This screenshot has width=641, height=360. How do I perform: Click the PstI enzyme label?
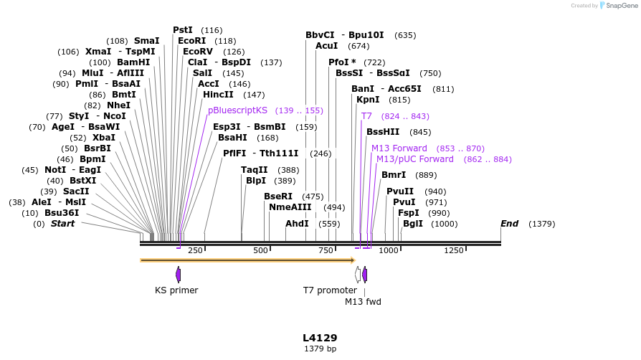click(183, 30)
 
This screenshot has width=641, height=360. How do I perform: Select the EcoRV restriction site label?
click(198, 52)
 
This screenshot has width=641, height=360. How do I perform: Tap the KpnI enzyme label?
click(368, 100)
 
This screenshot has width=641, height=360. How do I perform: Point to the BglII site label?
click(413, 224)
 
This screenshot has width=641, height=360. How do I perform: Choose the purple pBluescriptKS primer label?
click(237, 110)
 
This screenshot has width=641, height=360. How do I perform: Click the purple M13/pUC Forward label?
click(415, 159)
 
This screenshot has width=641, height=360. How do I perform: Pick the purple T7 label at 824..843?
click(366, 116)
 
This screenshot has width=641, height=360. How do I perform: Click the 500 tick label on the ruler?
click(260, 250)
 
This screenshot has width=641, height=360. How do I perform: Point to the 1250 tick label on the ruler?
click(454, 250)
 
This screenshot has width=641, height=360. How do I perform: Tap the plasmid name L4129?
click(320, 338)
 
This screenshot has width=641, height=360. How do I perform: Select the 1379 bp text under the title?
click(320, 349)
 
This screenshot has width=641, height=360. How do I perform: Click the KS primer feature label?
click(176, 290)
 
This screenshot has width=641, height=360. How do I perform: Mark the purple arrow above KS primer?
click(178, 274)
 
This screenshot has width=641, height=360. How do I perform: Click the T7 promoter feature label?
click(330, 290)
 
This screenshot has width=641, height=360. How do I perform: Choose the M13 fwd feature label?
click(363, 302)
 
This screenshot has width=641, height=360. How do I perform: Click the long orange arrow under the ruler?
click(247, 260)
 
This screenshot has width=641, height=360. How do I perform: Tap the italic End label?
click(509, 224)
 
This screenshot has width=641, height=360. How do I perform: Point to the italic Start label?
click(62, 224)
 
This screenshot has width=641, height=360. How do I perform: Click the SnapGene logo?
click(618, 6)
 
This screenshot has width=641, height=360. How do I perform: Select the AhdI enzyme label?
click(297, 224)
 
